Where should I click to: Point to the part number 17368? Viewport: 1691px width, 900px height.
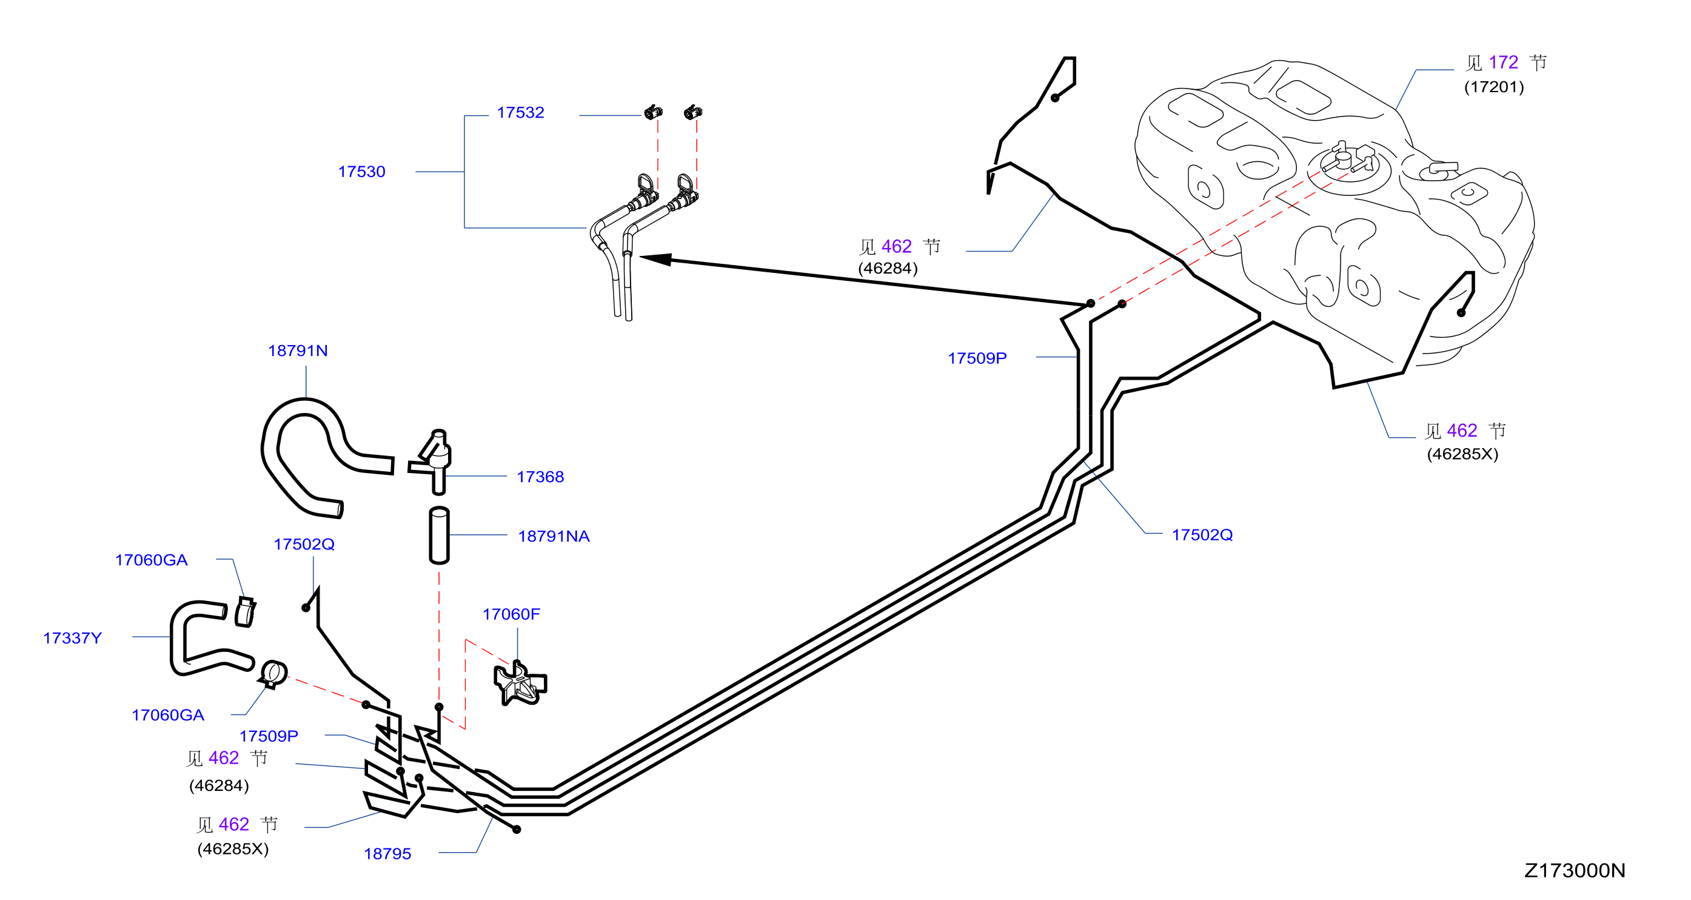[540, 477]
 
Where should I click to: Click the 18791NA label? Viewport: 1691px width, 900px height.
[554, 536]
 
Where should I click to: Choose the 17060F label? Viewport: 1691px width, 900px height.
[511, 614]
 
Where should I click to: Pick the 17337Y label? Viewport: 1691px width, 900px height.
[72, 638]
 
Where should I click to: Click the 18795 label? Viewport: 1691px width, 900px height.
[387, 854]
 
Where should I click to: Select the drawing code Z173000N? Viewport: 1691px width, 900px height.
[1574, 870]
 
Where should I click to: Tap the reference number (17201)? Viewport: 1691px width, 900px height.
[1493, 87]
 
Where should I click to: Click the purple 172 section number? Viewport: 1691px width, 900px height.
[1503, 62]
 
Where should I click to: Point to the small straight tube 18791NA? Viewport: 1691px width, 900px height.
[439, 535]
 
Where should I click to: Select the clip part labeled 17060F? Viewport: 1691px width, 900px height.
[520, 683]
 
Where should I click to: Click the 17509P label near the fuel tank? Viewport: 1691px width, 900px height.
[977, 358]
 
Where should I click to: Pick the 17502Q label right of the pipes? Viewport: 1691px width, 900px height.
[1202, 535]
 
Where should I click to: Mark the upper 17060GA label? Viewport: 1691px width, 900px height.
[151, 560]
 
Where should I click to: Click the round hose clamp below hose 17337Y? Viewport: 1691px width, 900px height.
[272, 674]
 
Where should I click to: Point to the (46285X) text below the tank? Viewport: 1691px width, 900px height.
[1462, 454]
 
